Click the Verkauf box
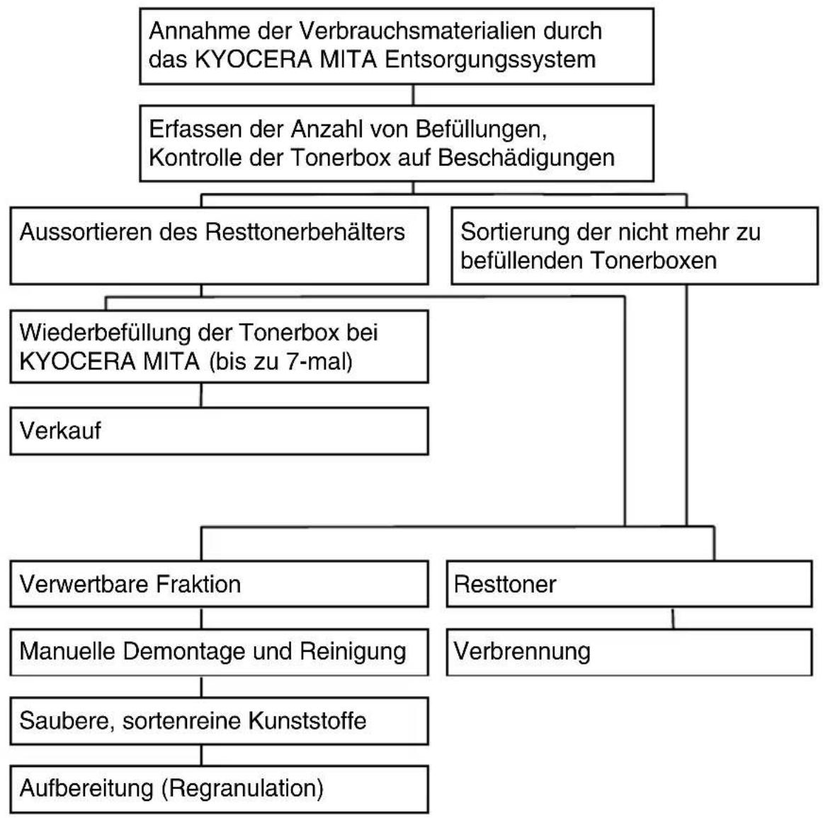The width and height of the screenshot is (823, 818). [x=220, y=431]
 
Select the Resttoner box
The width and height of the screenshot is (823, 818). [x=630, y=584]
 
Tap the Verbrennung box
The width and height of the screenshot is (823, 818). [x=630, y=652]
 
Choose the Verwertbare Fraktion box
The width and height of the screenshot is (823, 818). [x=220, y=584]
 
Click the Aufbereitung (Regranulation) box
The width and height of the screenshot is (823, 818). [x=220, y=789]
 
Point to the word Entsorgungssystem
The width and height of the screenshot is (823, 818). [x=490, y=59]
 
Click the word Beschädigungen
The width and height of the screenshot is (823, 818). [x=526, y=158]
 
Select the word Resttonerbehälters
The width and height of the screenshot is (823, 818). [x=305, y=232]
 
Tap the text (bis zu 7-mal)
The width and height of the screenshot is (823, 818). [x=280, y=362]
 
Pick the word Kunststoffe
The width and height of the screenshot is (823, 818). [x=307, y=720]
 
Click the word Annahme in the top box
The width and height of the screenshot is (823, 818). [x=200, y=31]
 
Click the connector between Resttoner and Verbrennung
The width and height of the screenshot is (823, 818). [x=674, y=618]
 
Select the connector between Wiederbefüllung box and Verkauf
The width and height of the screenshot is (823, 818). [x=201, y=396]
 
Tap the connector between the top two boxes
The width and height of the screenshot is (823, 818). [x=413, y=95]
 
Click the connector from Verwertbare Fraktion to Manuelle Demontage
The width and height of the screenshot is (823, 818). [x=202, y=618]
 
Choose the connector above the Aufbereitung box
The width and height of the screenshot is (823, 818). [x=202, y=755]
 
